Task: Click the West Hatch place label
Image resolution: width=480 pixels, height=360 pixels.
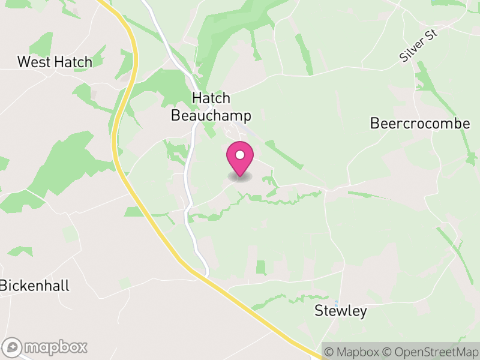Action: click(55, 62)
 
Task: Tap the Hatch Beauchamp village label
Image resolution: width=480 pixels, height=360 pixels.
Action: click(211, 107)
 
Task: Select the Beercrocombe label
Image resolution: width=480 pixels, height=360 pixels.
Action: click(419, 124)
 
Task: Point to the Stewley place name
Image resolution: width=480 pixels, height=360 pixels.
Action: click(341, 311)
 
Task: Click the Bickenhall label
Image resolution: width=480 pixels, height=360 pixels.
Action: click(35, 286)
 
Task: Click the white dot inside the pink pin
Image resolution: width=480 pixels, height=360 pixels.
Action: click(240, 155)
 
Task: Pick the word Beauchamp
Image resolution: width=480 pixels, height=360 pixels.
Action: click(211, 115)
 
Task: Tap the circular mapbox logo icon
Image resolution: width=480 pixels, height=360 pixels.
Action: click(12, 347)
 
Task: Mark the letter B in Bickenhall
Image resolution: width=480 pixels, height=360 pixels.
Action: click(5, 286)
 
